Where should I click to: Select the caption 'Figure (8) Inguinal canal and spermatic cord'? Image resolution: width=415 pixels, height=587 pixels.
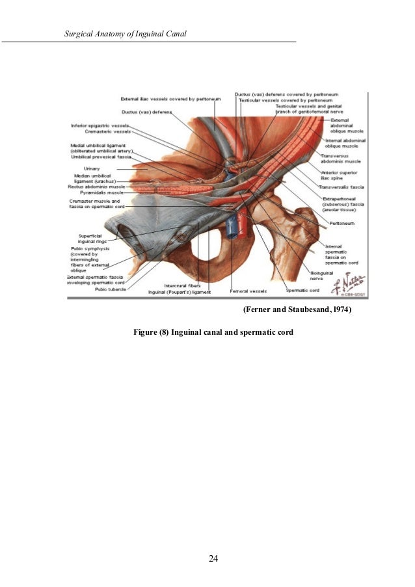click(213, 332)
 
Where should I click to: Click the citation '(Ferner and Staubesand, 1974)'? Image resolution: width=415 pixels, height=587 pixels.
click(297, 311)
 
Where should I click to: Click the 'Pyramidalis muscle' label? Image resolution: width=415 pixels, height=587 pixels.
click(100, 193)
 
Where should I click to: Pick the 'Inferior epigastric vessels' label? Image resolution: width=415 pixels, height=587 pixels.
click(100, 125)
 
